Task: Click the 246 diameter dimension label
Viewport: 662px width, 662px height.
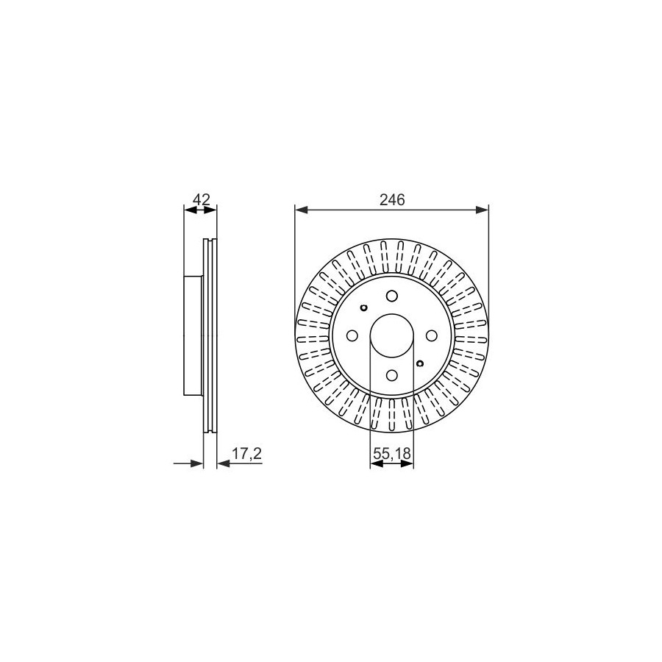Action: tap(392, 199)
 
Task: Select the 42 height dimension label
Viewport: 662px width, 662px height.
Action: tap(201, 199)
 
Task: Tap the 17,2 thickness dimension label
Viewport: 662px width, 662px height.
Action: tap(247, 454)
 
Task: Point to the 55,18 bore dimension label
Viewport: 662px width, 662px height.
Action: tap(392, 454)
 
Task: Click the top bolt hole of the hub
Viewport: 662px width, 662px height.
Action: tap(392, 296)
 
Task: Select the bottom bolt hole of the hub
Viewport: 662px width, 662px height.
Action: tap(392, 375)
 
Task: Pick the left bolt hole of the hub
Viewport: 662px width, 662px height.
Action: tap(352, 335)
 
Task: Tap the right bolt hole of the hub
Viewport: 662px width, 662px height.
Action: tap(431, 335)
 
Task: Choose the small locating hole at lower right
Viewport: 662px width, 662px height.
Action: tap(420, 363)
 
